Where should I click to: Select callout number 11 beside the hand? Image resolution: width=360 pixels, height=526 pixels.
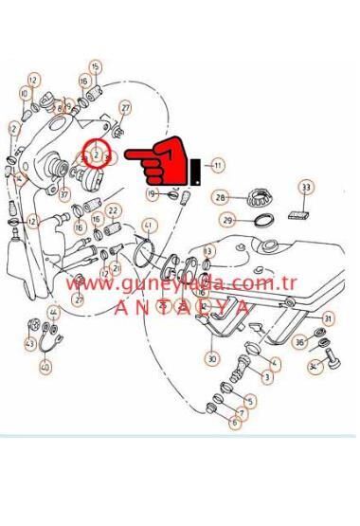[219, 165]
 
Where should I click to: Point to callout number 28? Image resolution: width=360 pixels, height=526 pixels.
[221, 198]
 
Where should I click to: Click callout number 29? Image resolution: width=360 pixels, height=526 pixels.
[227, 220]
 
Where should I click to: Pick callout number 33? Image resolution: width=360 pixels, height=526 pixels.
[306, 188]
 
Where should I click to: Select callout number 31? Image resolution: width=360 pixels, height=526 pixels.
[328, 318]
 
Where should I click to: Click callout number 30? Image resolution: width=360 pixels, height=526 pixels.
[211, 359]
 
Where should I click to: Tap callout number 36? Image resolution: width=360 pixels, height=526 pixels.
[298, 342]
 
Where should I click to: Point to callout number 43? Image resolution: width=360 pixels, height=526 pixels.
[31, 343]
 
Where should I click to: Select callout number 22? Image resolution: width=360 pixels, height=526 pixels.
[113, 210]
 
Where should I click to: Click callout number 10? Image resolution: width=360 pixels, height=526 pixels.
[24, 94]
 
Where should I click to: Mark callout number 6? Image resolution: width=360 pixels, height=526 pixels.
[234, 423]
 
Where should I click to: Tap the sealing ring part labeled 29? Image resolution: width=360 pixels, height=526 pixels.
[261, 221]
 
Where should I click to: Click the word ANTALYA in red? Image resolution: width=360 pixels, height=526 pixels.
[182, 307]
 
